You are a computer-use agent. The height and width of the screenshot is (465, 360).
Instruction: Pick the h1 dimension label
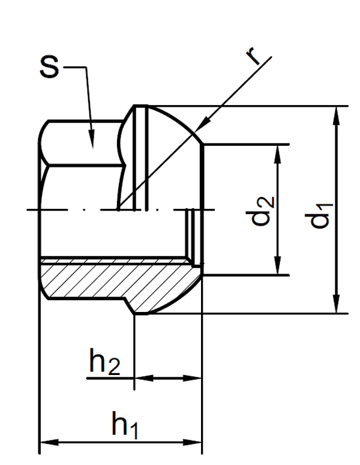point(125,425)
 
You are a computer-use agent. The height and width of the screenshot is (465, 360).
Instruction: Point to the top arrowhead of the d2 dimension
point(278,151)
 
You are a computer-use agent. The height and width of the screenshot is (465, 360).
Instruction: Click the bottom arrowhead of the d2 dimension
point(278,269)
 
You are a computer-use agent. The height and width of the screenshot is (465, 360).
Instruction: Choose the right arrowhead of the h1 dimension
point(194,443)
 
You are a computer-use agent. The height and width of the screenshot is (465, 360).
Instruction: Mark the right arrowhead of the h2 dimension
point(194,378)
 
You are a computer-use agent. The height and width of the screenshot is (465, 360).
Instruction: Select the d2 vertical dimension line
point(278,180)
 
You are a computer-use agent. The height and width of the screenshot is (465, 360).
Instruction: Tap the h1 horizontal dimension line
point(120,443)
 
